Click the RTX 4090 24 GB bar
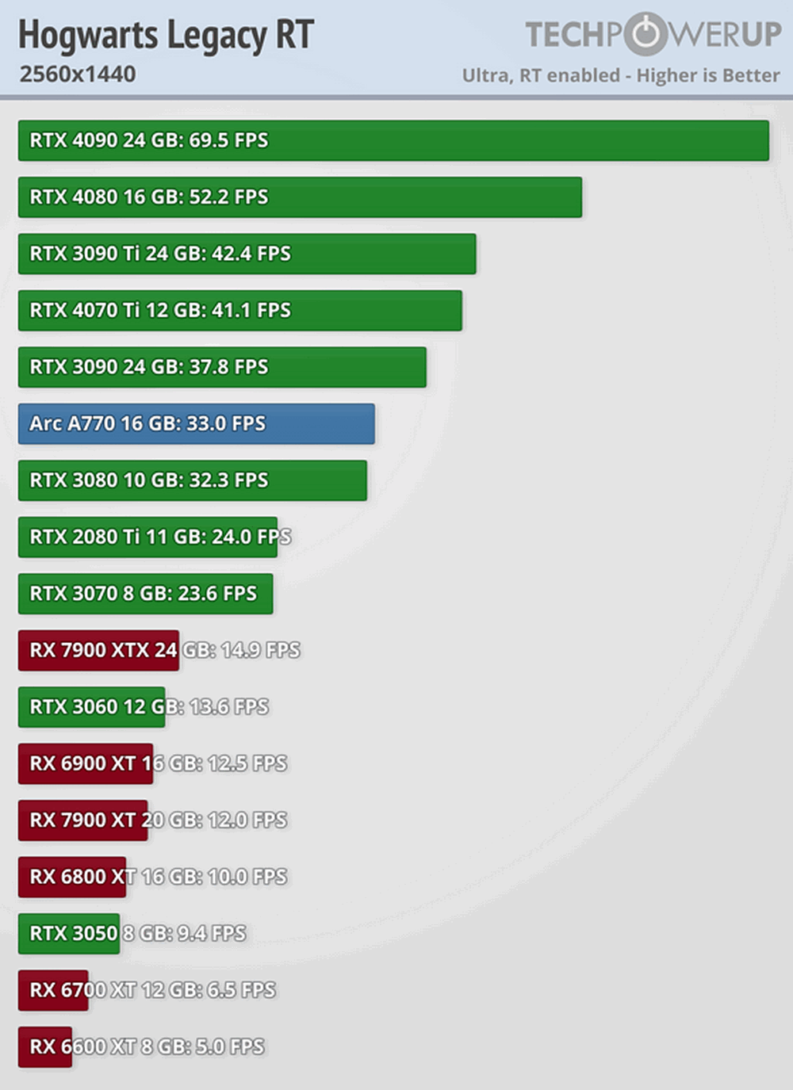pos(393,140)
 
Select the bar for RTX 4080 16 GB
pos(300,197)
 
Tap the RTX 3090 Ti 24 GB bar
pos(247,254)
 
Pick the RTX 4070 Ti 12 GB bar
pos(239,311)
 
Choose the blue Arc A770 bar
pos(196,424)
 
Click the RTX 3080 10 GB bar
pos(192,480)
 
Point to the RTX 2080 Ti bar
pos(147,537)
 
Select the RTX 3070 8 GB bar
pos(145,594)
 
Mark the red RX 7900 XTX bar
pos(98,651)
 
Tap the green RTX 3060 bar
pos(91,707)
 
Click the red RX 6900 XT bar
pos(86,764)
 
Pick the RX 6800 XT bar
pos(72,878)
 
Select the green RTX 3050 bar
pos(69,934)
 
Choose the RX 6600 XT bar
pos(45,1047)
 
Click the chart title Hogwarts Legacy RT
pos(166,35)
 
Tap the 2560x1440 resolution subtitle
pos(78,75)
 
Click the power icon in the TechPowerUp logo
pos(646,34)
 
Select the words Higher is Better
pos(708,76)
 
